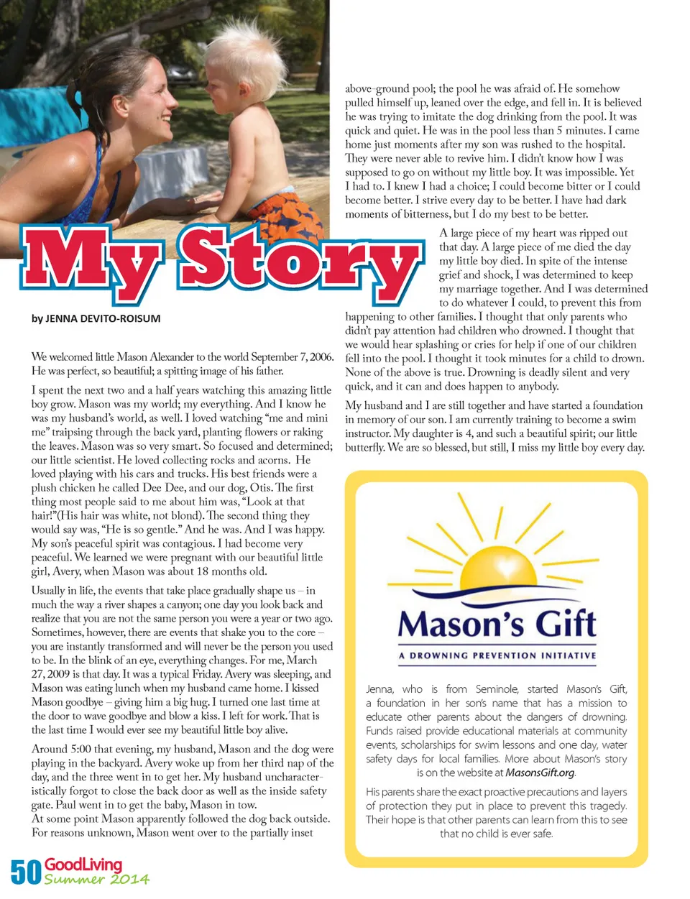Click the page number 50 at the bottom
(x=26, y=872)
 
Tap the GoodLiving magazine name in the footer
(x=83, y=864)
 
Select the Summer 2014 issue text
(x=97, y=879)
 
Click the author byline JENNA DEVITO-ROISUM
(x=96, y=318)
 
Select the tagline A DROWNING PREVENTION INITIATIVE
(x=497, y=655)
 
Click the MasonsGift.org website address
(x=540, y=773)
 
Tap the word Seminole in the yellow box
(x=497, y=688)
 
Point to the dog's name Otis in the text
(x=260, y=488)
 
